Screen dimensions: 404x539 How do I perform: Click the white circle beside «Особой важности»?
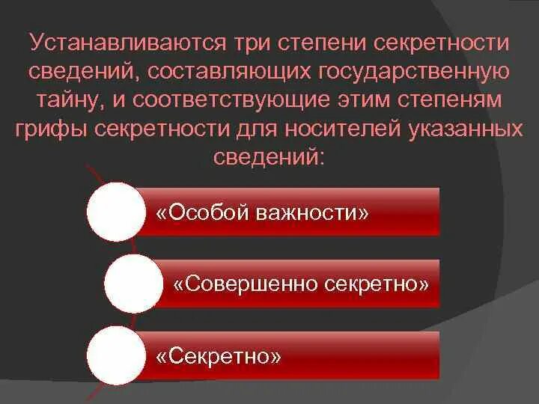pyautogui.click(x=115, y=212)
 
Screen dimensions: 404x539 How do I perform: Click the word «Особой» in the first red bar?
pyautogui.click(x=201, y=213)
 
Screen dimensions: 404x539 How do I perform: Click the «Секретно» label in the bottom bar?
pyautogui.click(x=219, y=355)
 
